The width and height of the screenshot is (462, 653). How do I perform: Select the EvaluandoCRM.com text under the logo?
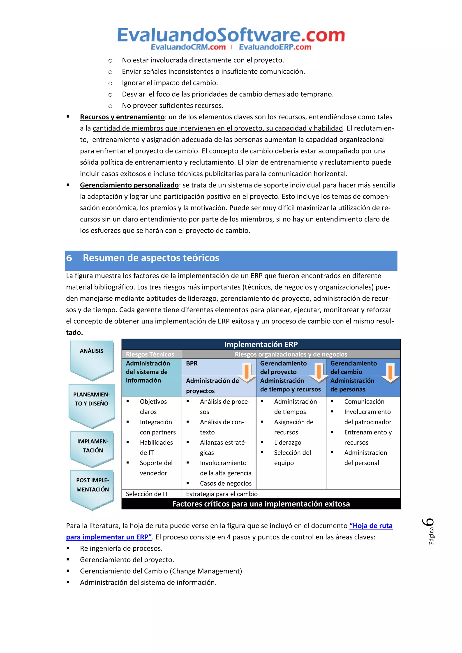[188, 47]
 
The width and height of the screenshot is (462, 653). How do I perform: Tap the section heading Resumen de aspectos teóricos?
[151, 258]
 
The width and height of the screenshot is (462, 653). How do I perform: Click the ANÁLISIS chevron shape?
[92, 359]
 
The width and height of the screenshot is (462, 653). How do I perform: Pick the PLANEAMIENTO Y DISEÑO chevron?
[92, 404]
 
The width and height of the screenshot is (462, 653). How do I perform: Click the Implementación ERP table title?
[261, 345]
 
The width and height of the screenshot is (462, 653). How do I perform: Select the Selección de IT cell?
[147, 494]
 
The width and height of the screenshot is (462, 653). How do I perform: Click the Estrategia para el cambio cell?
[222, 494]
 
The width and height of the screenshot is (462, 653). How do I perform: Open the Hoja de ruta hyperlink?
[371, 526]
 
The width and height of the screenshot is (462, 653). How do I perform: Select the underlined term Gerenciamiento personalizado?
[129, 185]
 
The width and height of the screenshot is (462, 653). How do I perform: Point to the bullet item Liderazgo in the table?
[287, 443]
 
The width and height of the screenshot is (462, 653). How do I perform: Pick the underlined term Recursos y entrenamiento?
[122, 117]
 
